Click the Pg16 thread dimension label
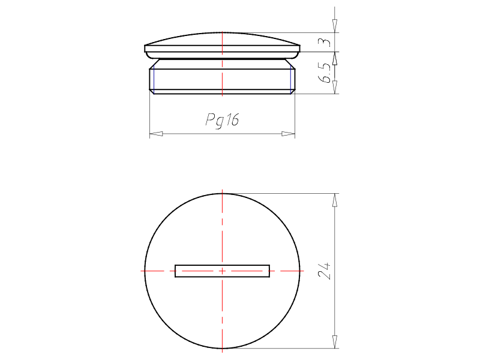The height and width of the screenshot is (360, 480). pyautogui.click(x=222, y=119)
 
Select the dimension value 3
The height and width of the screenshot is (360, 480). pyautogui.click(x=325, y=42)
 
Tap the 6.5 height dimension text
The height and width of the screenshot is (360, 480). pyautogui.click(x=325, y=73)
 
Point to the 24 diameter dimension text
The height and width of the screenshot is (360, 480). pyautogui.click(x=325, y=271)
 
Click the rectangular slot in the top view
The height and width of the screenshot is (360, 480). pyautogui.click(x=222, y=271)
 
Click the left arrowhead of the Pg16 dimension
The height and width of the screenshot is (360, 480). pyautogui.click(x=156, y=134)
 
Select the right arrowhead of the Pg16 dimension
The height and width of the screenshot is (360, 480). pyautogui.click(x=288, y=134)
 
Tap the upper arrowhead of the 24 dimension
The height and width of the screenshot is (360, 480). pyautogui.click(x=335, y=200)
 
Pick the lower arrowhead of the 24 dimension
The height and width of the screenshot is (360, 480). pyautogui.click(x=335, y=341)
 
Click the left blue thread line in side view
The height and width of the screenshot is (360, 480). pyautogui.click(x=154, y=80)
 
